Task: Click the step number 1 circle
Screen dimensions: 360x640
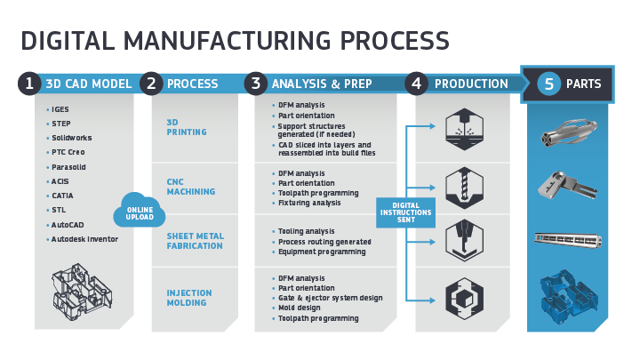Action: click(x=29, y=84)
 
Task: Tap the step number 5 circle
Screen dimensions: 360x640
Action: click(x=548, y=84)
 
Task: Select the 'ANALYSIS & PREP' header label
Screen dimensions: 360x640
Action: click(x=321, y=84)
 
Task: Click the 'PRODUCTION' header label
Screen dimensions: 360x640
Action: click(x=471, y=84)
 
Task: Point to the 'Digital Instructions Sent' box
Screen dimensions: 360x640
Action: click(x=404, y=212)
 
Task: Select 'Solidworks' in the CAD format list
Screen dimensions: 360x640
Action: click(x=71, y=138)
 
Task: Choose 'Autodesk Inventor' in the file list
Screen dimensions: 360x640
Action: click(x=84, y=238)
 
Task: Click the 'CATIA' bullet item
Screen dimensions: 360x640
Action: click(x=64, y=195)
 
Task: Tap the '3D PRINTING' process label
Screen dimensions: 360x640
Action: click(x=186, y=126)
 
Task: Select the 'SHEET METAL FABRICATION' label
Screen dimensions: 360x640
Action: click(x=195, y=242)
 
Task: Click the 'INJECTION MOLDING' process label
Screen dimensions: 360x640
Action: click(x=189, y=298)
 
